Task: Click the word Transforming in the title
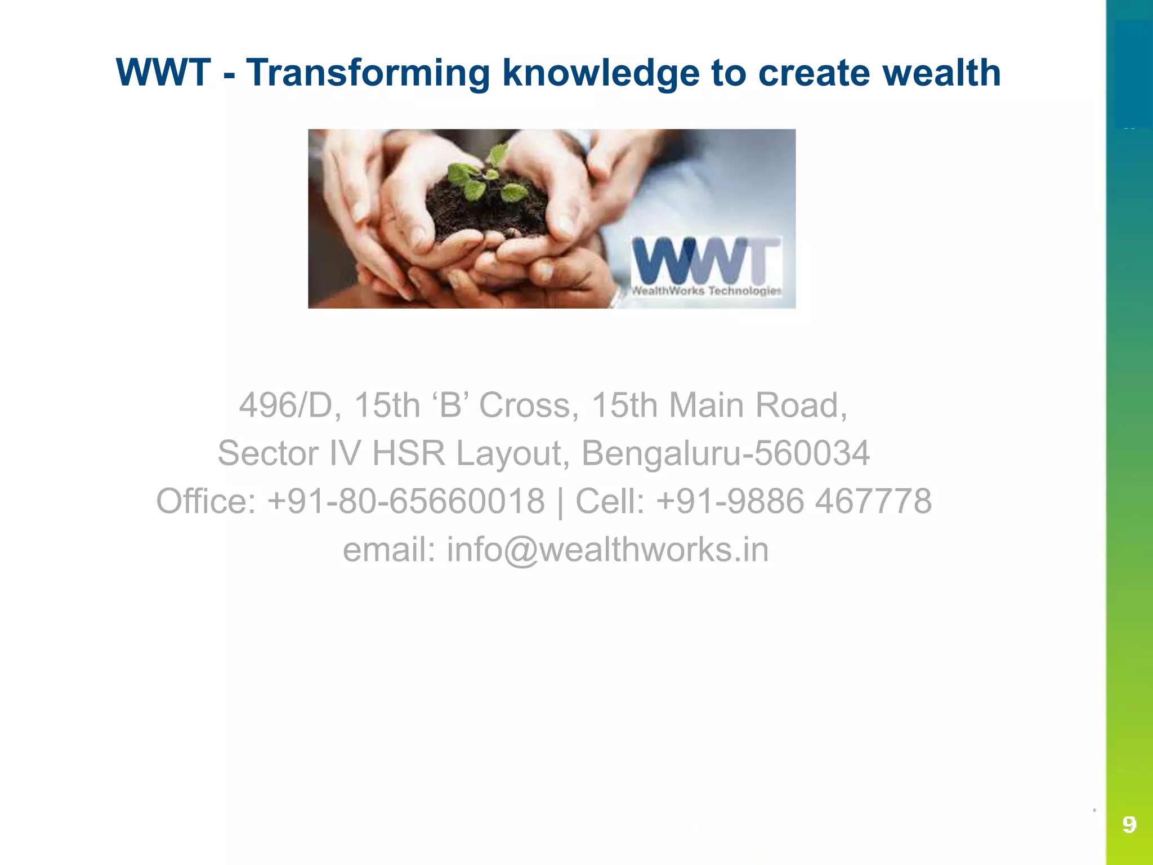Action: coord(368,73)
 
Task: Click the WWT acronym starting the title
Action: coord(163,73)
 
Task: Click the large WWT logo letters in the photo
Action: coord(706,260)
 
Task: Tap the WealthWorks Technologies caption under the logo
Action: coord(706,291)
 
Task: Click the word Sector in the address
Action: coord(268,454)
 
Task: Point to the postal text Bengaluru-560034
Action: coord(725,454)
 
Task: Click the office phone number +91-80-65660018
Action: coord(406,502)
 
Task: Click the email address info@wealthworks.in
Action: coord(607,550)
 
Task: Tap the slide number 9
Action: coord(1129,825)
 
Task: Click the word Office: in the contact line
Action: coord(205,502)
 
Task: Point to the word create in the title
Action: coord(814,73)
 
